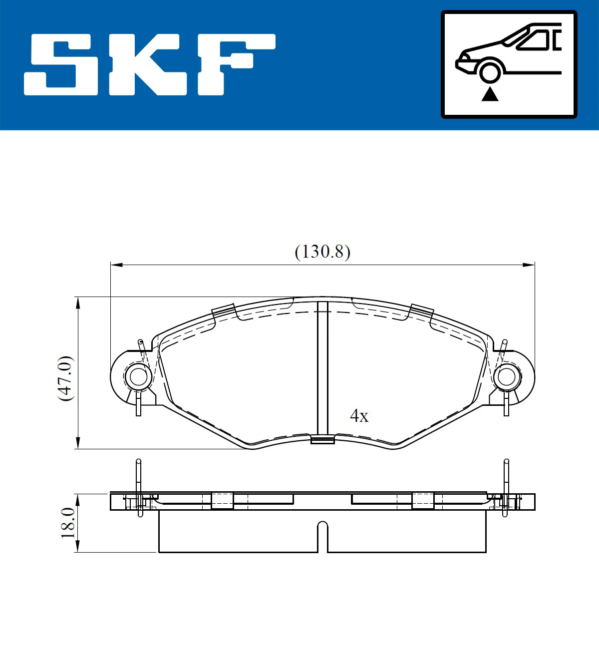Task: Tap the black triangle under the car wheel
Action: click(x=490, y=94)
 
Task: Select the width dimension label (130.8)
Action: click(x=322, y=252)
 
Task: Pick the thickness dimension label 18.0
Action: click(x=67, y=523)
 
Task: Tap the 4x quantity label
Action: click(x=359, y=416)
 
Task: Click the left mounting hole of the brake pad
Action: click(x=138, y=377)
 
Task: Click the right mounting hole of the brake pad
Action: click(x=506, y=377)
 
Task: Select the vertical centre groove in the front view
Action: click(x=322, y=369)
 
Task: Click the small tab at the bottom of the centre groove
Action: click(x=322, y=440)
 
